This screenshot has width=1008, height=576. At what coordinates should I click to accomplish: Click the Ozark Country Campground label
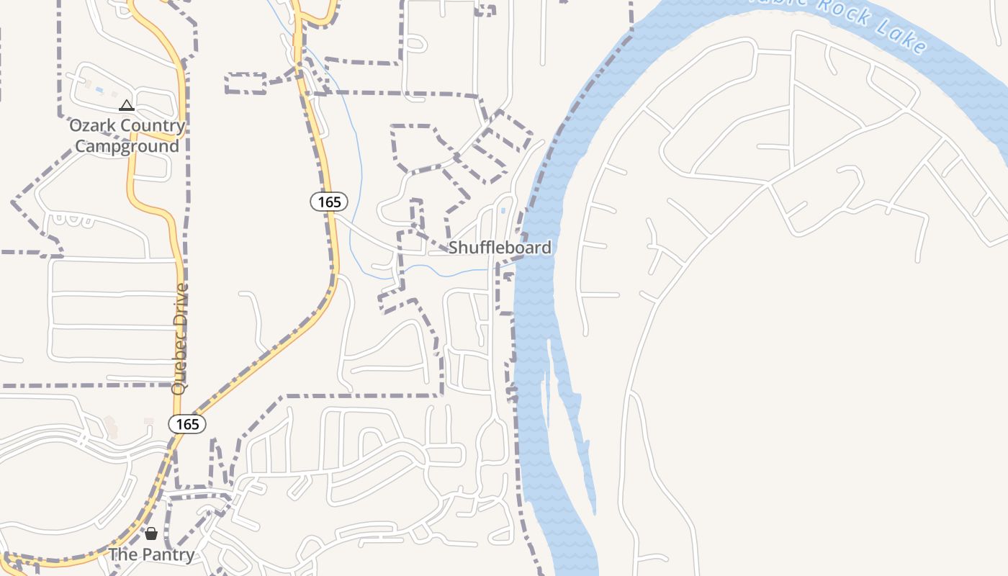pyautogui.click(x=127, y=136)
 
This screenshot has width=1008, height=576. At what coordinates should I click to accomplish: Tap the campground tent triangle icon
pyautogui.click(x=127, y=106)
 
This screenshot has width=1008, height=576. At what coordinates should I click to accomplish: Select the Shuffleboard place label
pyautogui.click(x=500, y=248)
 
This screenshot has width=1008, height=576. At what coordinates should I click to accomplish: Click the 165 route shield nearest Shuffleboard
pyautogui.click(x=329, y=202)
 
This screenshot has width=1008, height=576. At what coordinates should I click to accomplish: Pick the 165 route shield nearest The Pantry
pyautogui.click(x=187, y=424)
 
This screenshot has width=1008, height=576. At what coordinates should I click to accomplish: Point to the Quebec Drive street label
pyautogui.click(x=180, y=338)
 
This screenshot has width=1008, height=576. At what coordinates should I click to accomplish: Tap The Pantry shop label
pyautogui.click(x=151, y=554)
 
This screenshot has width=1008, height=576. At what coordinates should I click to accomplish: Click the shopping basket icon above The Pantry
pyautogui.click(x=151, y=534)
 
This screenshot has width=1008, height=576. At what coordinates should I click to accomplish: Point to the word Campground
pyautogui.click(x=127, y=146)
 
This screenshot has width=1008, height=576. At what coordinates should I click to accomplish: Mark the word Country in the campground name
pyautogui.click(x=153, y=126)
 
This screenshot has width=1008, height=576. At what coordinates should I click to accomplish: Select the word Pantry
pyautogui.click(x=167, y=554)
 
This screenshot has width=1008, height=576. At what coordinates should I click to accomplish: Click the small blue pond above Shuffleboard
pyautogui.click(x=503, y=211)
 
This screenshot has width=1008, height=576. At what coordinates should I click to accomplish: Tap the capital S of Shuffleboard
pyautogui.click(x=454, y=248)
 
